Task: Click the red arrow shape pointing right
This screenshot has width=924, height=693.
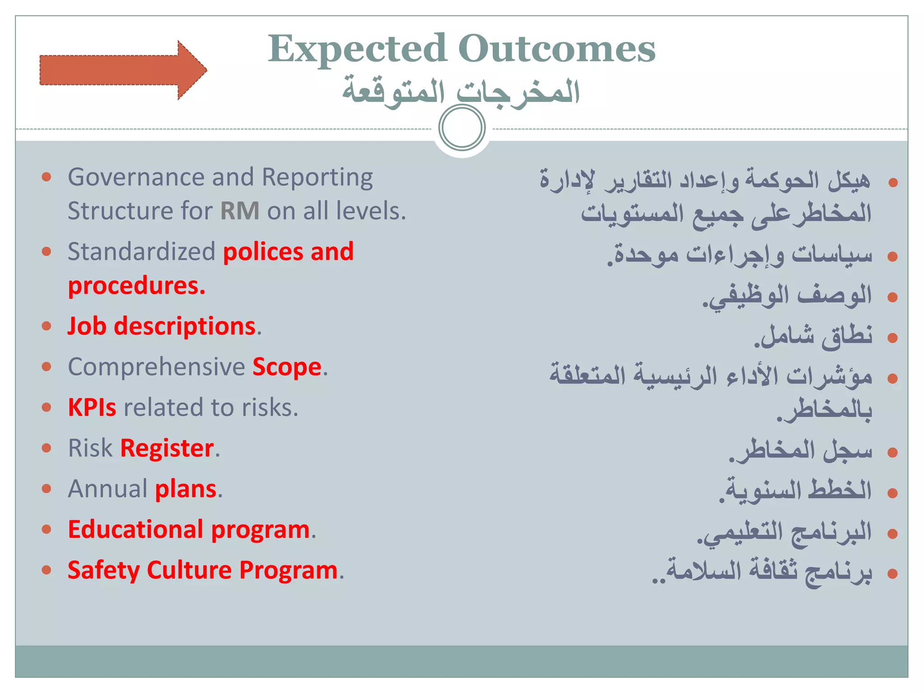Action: (122, 70)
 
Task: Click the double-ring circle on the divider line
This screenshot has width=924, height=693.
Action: (462, 128)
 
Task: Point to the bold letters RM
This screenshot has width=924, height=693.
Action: (240, 211)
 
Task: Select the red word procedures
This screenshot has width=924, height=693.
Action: (136, 286)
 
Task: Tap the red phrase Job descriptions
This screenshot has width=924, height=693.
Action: (162, 326)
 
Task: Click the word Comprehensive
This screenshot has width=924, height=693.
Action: (156, 367)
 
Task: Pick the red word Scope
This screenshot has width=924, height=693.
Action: (287, 367)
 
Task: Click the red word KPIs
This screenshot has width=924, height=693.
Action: (92, 407)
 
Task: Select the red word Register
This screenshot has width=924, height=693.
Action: (167, 448)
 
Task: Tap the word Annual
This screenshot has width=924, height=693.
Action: (108, 489)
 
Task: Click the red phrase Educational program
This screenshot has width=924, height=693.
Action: (189, 530)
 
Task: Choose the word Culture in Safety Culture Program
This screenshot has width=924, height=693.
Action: (189, 570)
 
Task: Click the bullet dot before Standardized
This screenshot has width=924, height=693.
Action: (46, 251)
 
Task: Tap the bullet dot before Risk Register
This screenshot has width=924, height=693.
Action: (46, 448)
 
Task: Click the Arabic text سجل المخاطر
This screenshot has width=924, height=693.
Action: (801, 451)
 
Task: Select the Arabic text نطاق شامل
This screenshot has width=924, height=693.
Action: (814, 336)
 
